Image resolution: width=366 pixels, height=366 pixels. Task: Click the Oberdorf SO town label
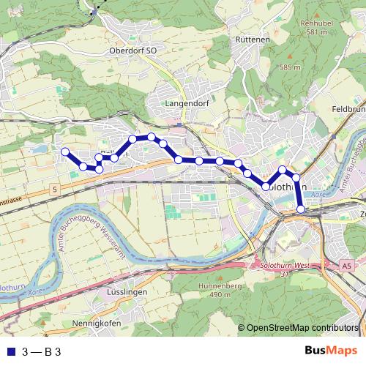(x=132, y=51)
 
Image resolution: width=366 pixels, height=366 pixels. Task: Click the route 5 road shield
(x=54, y=190)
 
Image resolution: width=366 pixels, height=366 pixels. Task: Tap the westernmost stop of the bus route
(x=64, y=152)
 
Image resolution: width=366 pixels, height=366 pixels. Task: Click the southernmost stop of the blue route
(x=301, y=210)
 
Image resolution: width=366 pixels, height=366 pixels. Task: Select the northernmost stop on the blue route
(x=151, y=136)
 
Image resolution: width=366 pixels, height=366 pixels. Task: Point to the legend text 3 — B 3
(x=42, y=351)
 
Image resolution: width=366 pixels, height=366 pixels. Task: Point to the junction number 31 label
(x=285, y=274)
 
